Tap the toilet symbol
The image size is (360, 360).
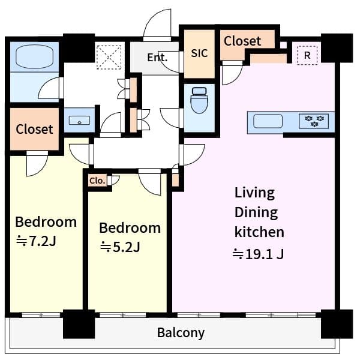click(199, 100)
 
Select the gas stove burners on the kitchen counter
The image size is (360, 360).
click(315, 121)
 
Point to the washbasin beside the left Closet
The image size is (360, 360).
click(78, 121)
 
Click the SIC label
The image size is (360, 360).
click(199, 53)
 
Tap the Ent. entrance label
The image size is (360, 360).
click(157, 58)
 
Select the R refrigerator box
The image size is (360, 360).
click(308, 55)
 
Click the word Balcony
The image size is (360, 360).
click(181, 332)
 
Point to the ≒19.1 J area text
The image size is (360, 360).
click(258, 254)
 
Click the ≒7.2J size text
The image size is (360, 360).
click(35, 241)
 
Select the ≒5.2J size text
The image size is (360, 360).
click(119, 247)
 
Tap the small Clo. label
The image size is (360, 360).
click(97, 180)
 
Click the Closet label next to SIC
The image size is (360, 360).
click(242, 41)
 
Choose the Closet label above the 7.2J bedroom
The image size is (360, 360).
click(34, 129)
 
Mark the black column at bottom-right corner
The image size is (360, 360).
click(335, 324)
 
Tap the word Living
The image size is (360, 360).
click(254, 193)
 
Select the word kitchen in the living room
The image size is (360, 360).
click(259, 232)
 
